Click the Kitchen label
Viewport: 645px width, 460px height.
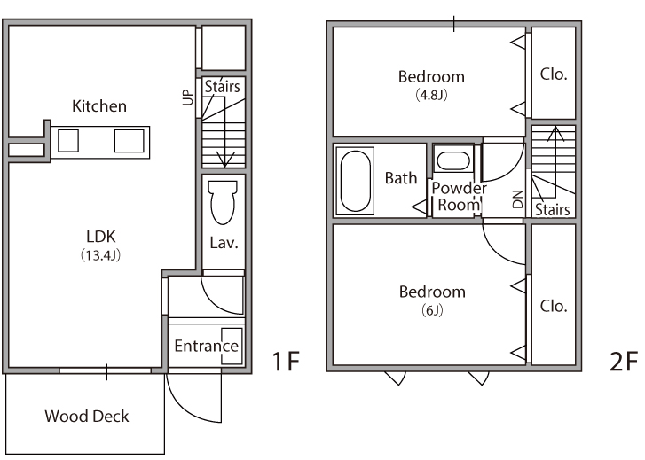(99, 106)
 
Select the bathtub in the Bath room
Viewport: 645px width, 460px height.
(355, 182)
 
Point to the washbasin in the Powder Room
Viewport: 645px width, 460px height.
(452, 160)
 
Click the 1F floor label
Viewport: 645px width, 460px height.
(287, 362)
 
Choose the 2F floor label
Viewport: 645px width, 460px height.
(624, 362)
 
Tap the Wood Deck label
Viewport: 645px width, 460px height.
(87, 416)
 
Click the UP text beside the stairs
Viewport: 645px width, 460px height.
(187, 97)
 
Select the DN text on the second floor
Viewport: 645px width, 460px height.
(518, 199)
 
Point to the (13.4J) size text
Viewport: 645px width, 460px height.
(101, 255)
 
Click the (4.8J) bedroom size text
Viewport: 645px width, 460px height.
(431, 95)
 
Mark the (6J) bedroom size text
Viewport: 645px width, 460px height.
(432, 310)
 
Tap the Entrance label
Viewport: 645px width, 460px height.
(206, 347)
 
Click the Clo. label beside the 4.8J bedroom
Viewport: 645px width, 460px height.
(554, 74)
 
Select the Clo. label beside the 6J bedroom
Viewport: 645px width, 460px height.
(554, 306)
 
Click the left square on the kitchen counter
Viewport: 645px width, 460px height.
(68, 141)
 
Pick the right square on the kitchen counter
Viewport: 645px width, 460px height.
(130, 141)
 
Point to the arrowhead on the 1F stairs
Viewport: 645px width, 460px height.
(224, 160)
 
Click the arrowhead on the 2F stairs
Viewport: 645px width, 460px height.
(555, 134)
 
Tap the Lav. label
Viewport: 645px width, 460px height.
(224, 243)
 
